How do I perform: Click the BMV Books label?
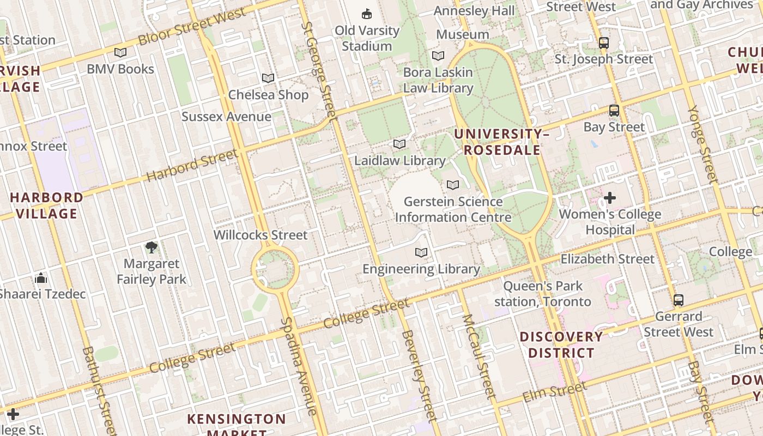tap(120, 69)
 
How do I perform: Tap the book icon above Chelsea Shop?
tap(268, 78)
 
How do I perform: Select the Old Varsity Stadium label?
tap(367, 38)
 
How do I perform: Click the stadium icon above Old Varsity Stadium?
tap(367, 14)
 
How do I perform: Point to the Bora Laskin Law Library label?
tap(438, 80)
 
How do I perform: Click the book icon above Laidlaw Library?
tap(399, 144)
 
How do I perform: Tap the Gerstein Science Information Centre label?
tap(453, 209)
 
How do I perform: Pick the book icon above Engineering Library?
tap(421, 253)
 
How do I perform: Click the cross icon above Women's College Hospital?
tap(610, 198)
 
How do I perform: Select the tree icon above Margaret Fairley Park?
tap(152, 248)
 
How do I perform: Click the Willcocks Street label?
tap(261, 235)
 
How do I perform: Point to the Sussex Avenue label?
tap(226, 117)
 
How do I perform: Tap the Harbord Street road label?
tap(192, 165)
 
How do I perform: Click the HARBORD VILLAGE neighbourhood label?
tap(46, 205)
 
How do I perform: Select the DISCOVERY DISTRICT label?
tap(561, 344)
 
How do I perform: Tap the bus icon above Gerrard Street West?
tap(679, 300)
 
